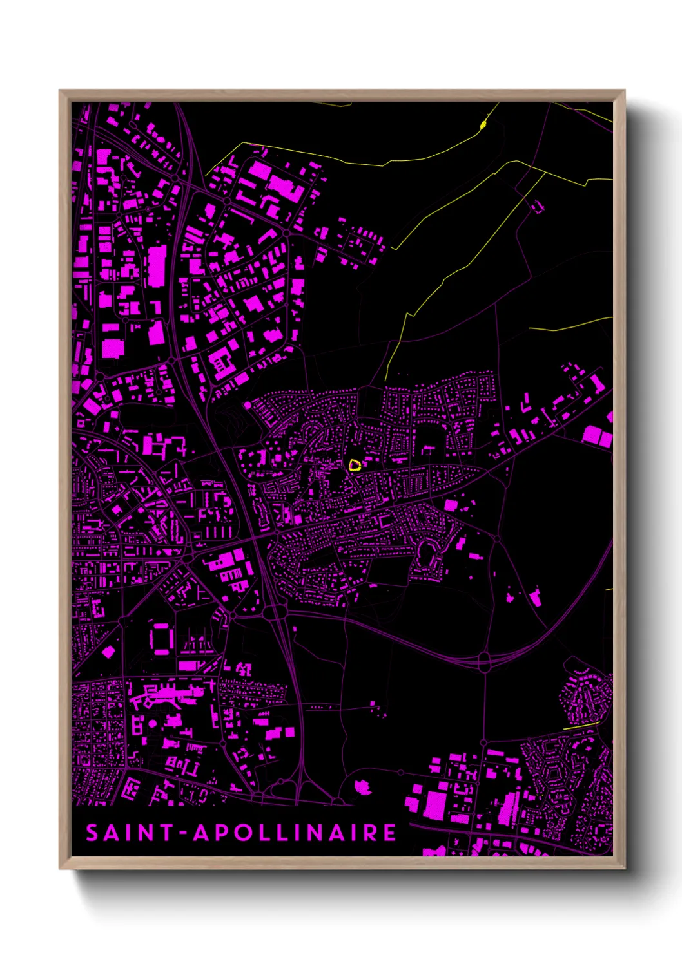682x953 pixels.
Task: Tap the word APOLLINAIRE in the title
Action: [295, 833]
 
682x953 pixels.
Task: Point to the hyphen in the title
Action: [183, 833]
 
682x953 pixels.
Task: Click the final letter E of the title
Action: [389, 833]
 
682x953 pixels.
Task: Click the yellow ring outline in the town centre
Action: [354, 465]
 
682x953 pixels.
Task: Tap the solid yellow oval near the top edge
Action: [483, 124]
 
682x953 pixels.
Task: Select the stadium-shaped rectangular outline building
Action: [161, 637]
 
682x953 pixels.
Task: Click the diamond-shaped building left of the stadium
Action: [108, 652]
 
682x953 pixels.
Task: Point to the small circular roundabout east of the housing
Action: [497, 538]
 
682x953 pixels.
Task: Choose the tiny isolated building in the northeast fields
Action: [536, 206]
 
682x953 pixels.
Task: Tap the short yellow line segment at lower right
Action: [580, 726]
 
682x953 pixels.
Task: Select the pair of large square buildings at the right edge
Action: [598, 437]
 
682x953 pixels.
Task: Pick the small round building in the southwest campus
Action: [153, 724]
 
